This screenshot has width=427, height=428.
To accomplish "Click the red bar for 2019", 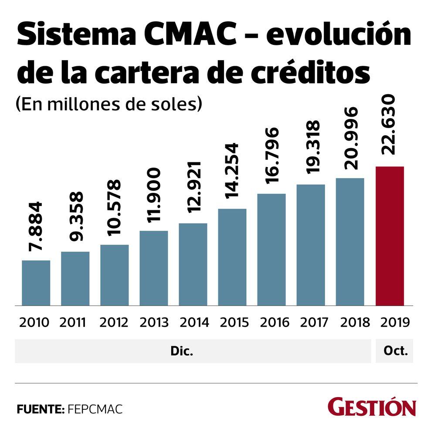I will coord(390,236).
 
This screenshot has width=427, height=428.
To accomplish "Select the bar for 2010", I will coord(36,283).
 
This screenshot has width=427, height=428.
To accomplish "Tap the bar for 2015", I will coord(232,257).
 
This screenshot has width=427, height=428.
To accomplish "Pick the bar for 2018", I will coord(350,241).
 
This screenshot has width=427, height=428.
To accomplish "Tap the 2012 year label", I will coord(114,322).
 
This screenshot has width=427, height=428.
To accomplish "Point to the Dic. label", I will coord(182,351).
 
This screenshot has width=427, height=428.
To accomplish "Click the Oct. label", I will coord(394,351).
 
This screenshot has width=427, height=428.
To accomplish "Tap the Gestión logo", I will coord(372,407).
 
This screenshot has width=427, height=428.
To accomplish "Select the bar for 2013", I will coord(154,268).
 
